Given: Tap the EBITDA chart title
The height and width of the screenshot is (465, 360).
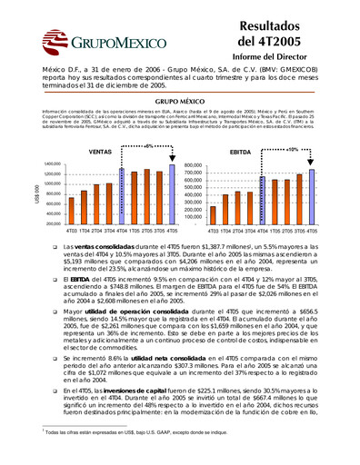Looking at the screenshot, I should pyautogui.click(x=241, y=153).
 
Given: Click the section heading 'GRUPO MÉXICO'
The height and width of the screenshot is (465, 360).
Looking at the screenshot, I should pyautogui.click(x=180, y=104).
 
